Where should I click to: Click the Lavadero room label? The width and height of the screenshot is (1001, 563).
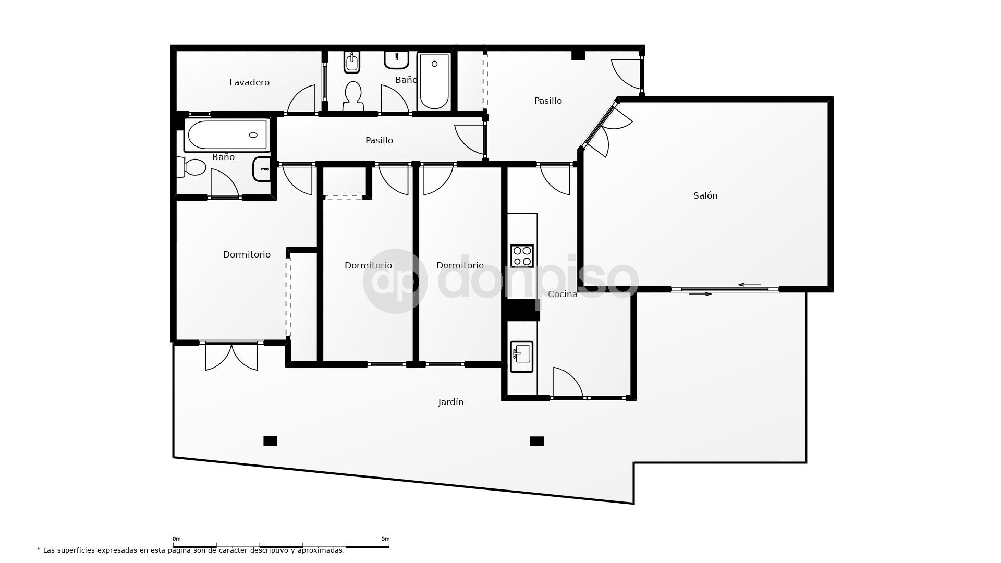coord(249,82)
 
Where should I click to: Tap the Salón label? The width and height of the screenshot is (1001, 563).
coord(705,195)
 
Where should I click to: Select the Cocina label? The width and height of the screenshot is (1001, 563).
coord(563,294)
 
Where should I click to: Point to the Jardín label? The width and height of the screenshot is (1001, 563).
coord(450,402)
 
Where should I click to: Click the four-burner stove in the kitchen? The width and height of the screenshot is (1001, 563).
coord(522,256)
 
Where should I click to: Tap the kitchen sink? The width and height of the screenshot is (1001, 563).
coord(521,357)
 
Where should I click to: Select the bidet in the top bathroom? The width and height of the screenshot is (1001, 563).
coord(352,63)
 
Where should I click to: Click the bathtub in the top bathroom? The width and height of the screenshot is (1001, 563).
coord(434,81)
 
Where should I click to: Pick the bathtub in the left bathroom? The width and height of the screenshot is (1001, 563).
coord(227,135)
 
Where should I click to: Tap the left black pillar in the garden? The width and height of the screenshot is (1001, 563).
coord(270,441)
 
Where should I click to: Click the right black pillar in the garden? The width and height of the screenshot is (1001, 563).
coord(537,441)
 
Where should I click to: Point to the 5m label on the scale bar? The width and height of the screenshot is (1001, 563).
coord(385,539)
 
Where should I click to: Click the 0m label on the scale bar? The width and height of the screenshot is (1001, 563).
coord(177,539)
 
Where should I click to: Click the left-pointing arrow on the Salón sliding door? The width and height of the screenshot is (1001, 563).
coord(750,285)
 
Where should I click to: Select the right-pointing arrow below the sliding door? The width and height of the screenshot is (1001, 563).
coord(700,294)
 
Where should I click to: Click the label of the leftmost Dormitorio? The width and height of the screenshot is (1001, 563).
coord(247,254)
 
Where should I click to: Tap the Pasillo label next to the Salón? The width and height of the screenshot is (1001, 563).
coord(548,101)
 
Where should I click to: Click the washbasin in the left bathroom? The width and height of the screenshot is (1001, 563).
coord(262,169)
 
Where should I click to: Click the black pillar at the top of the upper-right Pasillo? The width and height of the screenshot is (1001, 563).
coord(578,55)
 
